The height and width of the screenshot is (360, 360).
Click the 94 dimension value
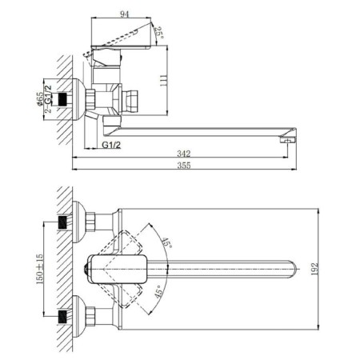[x=124, y=14]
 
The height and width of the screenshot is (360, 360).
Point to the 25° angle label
[x=159, y=33]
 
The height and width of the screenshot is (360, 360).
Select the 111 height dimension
[x=163, y=80]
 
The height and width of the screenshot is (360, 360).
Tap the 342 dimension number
[x=184, y=154]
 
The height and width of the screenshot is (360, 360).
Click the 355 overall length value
[x=184, y=166]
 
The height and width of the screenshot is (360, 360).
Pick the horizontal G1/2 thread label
[x=111, y=145]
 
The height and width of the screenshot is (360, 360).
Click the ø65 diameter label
[x=40, y=99]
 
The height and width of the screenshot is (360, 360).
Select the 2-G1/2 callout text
[x=48, y=99]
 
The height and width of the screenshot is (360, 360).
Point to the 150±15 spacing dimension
[x=39, y=269]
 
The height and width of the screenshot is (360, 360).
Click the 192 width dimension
[x=314, y=269]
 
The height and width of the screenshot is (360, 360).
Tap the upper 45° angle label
[x=166, y=242]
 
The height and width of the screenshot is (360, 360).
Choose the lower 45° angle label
[x=159, y=291]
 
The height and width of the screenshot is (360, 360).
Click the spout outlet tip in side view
[x=287, y=139]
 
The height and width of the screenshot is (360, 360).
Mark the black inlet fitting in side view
[x=62, y=99]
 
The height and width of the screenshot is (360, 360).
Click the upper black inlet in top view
[x=62, y=222]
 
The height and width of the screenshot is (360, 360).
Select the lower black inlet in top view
[x=62, y=317]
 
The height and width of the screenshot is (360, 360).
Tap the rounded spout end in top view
[x=292, y=269]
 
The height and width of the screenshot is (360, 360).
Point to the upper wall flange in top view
[x=78, y=222]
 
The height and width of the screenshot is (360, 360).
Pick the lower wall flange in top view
[x=78, y=316]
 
